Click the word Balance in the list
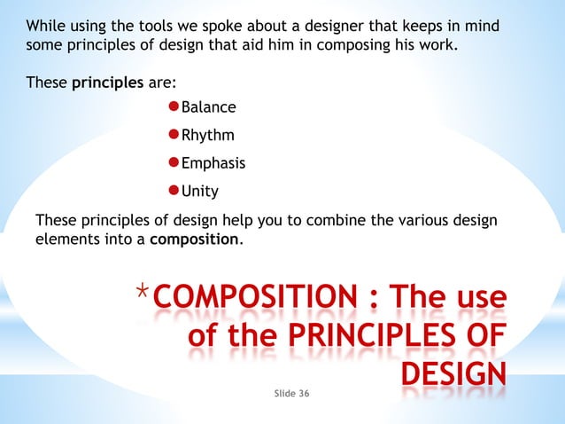[209, 108]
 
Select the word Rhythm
[208, 137]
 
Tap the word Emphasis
[213, 164]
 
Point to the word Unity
[200, 192]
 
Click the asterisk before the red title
[143, 293]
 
